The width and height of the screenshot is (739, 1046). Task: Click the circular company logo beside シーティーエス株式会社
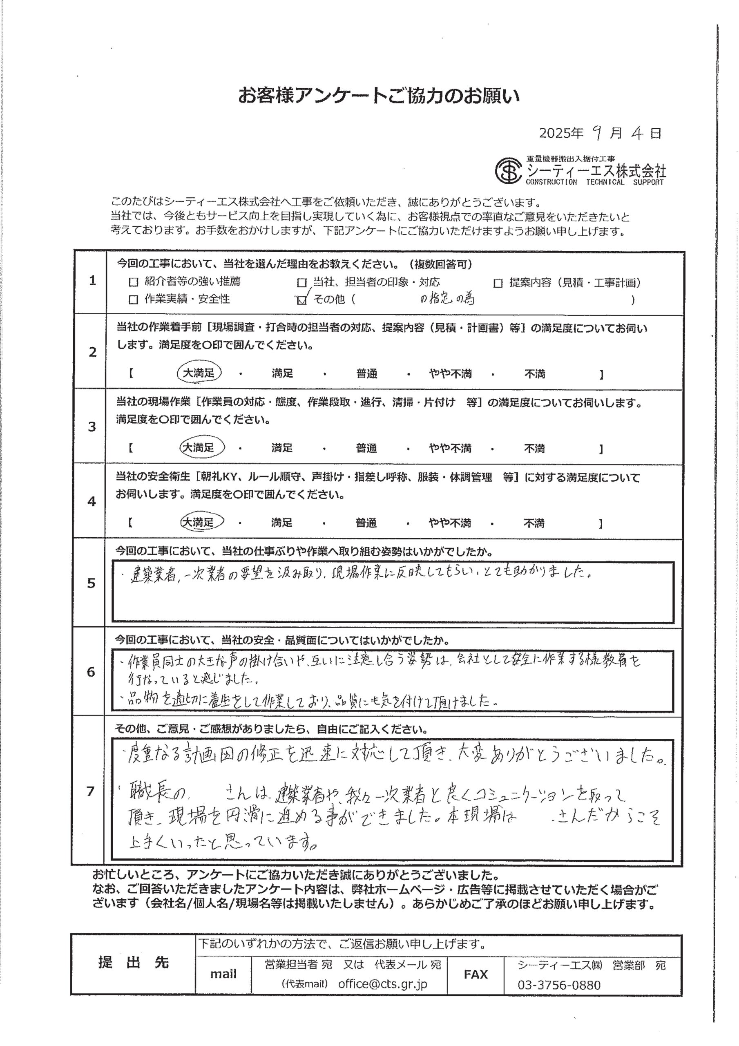point(508,170)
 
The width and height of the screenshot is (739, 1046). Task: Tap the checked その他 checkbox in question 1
point(301,300)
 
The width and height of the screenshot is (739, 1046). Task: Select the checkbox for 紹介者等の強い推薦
point(134,282)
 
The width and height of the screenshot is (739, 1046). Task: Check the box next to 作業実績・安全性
point(134,300)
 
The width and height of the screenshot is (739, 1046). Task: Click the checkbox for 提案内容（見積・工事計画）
point(498,284)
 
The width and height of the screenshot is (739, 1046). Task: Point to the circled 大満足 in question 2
point(199,373)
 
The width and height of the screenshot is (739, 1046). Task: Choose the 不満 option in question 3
point(534,449)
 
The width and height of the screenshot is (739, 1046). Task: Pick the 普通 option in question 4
point(366,523)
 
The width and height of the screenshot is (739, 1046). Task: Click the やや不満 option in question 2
point(450,374)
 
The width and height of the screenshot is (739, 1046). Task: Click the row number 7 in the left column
point(91,791)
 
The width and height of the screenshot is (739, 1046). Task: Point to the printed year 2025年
point(561,133)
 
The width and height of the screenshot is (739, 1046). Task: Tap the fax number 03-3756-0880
point(558,985)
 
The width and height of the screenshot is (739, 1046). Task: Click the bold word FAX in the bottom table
point(476,974)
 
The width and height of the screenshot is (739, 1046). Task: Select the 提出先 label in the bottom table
point(134,963)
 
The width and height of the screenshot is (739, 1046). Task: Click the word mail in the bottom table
point(223,974)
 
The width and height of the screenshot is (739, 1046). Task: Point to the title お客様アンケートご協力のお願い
point(379,96)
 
